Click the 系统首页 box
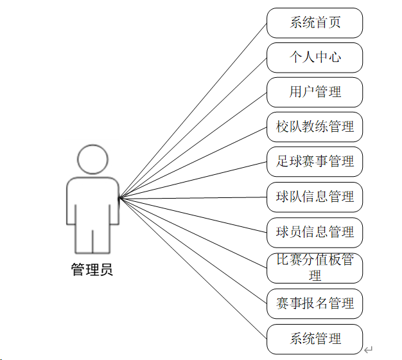click(x=315, y=23)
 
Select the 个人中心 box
click(x=315, y=58)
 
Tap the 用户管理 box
click(x=315, y=93)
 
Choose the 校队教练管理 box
click(x=315, y=127)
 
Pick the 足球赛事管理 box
click(x=315, y=161)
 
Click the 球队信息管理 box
click(x=315, y=197)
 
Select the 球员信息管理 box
click(x=315, y=232)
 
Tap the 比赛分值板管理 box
click(x=315, y=268)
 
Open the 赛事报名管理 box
click(x=315, y=303)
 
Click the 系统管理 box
click(x=315, y=339)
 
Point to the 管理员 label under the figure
click(x=92, y=270)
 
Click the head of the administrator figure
click(x=92, y=159)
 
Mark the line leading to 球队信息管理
click(x=193, y=197)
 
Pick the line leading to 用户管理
click(x=193, y=145)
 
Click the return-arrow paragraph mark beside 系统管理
click(x=368, y=350)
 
